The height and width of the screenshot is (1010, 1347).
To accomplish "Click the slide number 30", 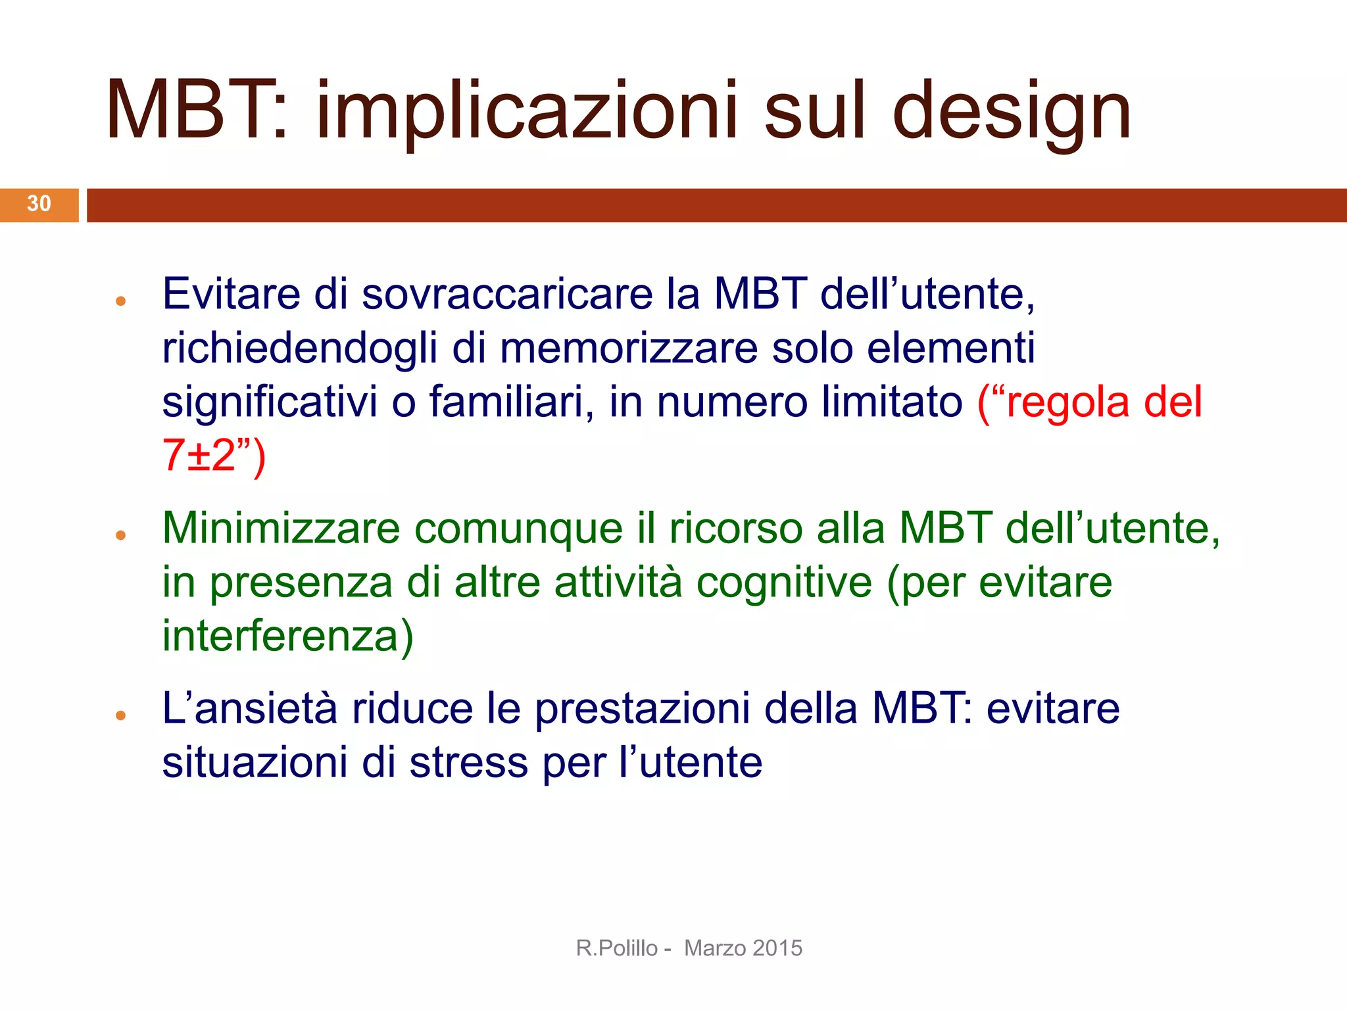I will (x=39, y=204).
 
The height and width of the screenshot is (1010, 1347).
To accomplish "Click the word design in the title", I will (x=1012, y=112).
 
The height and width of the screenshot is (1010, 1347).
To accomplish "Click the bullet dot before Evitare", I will (x=120, y=302).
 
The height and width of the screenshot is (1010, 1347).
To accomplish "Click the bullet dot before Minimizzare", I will (x=120, y=535).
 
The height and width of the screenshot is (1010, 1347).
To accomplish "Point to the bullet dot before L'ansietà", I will (x=120, y=715).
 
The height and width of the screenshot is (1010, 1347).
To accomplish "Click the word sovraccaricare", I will (x=506, y=294).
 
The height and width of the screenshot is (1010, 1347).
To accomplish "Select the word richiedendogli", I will (x=299, y=349).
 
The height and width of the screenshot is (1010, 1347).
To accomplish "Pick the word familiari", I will (x=506, y=402).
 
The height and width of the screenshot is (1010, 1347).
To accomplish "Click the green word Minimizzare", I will (x=281, y=528).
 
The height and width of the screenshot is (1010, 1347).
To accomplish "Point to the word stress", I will (x=468, y=763).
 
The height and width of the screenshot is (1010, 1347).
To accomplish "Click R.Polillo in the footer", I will (x=616, y=948).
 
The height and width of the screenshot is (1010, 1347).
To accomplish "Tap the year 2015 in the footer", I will (x=777, y=948).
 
